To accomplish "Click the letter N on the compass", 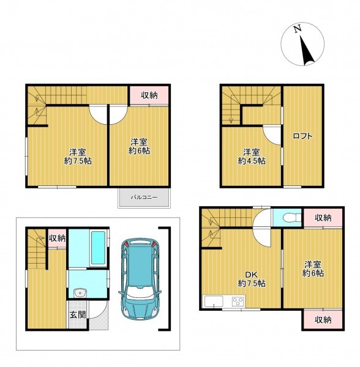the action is tap(298, 29).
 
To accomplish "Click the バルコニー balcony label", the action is tap(144, 198).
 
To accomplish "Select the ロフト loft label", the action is tap(302, 136).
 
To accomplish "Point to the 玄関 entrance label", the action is tap(78, 315).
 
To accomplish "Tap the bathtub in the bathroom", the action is tap(98, 248).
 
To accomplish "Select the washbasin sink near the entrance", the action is tap(80, 293).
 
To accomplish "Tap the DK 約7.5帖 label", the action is tap(252, 279).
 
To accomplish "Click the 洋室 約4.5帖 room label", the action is tap(252, 157).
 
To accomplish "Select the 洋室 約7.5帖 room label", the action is tap(78, 157).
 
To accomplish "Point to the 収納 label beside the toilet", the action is tap(323, 218).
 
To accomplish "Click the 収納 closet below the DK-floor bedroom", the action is tap(323, 319).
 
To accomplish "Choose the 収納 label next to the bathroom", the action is tap(57, 239).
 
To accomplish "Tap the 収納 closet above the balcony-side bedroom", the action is tap(149, 95).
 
